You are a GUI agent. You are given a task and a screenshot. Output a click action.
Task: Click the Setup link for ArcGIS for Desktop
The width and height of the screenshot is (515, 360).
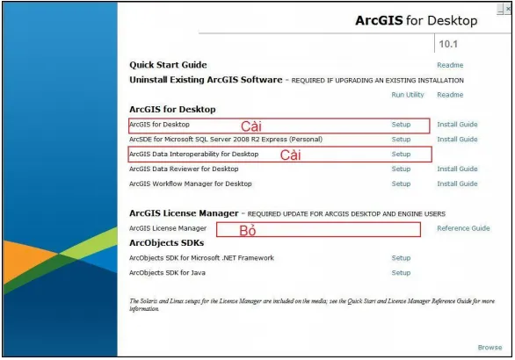[401, 125]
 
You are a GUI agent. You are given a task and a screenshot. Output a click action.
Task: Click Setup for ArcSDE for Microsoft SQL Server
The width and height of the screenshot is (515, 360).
[401, 140]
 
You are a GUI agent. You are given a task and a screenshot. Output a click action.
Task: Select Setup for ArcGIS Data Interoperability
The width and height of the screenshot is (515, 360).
[401, 154]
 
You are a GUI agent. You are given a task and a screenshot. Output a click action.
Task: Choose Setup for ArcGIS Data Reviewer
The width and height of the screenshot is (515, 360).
[401, 169]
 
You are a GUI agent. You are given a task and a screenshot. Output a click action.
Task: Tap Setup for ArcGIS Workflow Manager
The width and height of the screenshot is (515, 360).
[401, 184]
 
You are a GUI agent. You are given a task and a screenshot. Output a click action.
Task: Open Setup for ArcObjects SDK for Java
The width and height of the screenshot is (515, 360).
[401, 273]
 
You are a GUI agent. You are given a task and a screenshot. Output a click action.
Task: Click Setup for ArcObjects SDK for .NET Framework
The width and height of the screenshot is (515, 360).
[401, 258]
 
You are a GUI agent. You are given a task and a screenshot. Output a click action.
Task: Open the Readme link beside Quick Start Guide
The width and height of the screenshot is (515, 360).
[450, 65]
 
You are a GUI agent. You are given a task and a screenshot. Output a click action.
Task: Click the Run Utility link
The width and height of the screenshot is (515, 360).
[407, 95]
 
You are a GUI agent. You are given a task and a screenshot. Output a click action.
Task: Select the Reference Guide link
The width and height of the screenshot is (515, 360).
[463, 228]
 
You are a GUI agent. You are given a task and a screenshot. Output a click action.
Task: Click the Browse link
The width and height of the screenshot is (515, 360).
[490, 348]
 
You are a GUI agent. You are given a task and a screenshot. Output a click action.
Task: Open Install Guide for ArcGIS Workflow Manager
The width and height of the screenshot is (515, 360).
[457, 184]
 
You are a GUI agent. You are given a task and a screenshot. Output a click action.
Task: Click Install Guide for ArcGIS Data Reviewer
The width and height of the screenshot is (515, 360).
[457, 169]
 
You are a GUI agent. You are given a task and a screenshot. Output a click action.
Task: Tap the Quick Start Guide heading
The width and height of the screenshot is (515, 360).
[168, 64]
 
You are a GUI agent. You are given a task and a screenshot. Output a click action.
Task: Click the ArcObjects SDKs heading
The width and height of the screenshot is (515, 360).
[166, 242]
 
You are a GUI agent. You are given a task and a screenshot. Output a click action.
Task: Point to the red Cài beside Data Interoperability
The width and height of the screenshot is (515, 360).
[291, 155]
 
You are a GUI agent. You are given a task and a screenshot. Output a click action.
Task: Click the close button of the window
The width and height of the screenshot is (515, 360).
[508, 7]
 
